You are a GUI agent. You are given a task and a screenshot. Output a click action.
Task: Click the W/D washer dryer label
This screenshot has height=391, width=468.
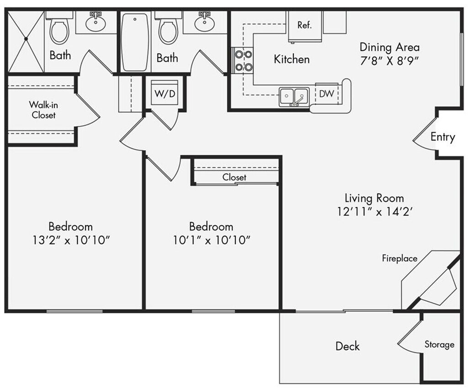pyautogui.click(x=165, y=94)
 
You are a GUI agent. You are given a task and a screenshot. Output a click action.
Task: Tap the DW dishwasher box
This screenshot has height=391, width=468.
pyautogui.click(x=326, y=94)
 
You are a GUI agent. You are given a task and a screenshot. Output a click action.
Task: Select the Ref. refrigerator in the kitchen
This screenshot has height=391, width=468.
pyautogui.click(x=304, y=26)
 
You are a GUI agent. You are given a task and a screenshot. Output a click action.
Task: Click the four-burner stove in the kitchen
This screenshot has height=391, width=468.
pyautogui.click(x=243, y=60)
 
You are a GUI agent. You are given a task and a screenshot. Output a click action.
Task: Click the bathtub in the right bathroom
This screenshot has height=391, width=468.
pyautogui.click(x=135, y=42)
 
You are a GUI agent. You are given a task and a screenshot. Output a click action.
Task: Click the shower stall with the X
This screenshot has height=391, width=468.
pyautogui.click(x=26, y=41)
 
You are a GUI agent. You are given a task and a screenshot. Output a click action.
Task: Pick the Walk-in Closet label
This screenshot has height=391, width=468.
pyautogui.click(x=43, y=110)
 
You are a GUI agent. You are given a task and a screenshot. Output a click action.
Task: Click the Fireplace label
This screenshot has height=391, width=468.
pyautogui.click(x=399, y=259)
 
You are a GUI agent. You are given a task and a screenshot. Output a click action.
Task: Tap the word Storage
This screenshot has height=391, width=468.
pyautogui.click(x=439, y=345)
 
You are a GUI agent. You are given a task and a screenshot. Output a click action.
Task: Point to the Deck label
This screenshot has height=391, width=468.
pyautogui.click(x=347, y=346)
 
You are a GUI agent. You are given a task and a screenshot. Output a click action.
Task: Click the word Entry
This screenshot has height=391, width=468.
pyautogui.click(x=442, y=137)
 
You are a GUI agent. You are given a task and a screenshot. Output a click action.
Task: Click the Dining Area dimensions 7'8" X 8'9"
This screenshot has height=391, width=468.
pyautogui.click(x=389, y=60)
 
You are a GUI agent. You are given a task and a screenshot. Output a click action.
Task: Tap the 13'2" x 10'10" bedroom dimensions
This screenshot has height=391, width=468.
pyautogui.click(x=70, y=240)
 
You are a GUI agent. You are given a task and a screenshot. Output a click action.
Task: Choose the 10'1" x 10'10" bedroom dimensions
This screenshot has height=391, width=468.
pyautogui.click(x=211, y=240)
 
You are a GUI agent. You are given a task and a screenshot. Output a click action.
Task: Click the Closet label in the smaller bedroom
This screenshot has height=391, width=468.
pyautogui.click(x=234, y=177)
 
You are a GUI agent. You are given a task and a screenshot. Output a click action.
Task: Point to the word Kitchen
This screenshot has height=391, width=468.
pyautogui.click(x=292, y=59)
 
